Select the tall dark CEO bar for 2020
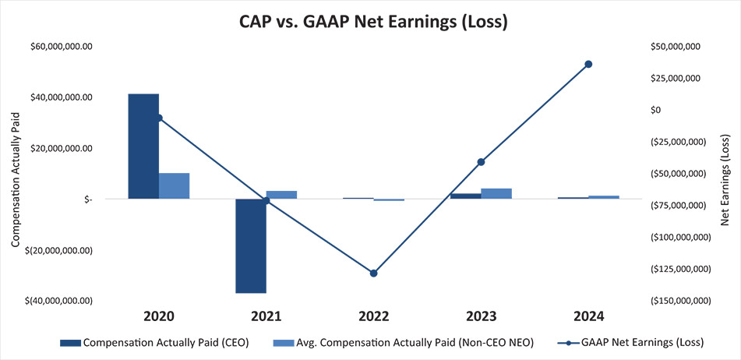pos(143,146)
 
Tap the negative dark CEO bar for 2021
pos(251,245)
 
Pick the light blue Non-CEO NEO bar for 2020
pos(175,185)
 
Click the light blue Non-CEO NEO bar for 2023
pos(496,193)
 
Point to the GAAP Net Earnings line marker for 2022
pos(374,274)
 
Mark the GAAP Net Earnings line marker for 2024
pos(588,64)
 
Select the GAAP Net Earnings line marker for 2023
pos(481,162)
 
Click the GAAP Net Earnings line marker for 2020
pos(159,118)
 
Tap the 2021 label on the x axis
pos(266,317)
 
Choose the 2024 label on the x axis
pos(588,317)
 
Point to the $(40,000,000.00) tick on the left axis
pos(58,301)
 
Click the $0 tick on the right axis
pos(655,110)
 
